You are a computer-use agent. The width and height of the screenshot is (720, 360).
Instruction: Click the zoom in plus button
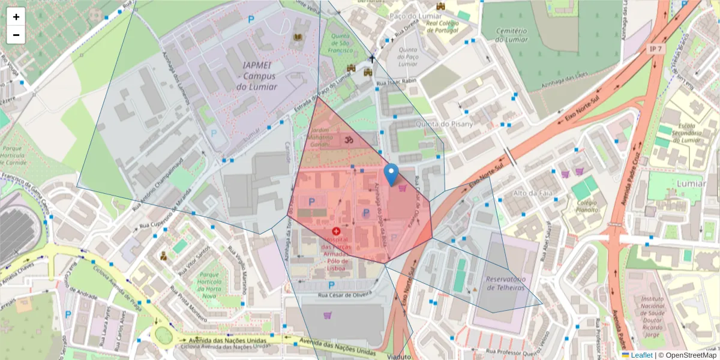(16, 17)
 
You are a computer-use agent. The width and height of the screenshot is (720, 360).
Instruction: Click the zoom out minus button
(16, 35)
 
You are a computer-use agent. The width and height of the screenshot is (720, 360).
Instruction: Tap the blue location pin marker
(391, 175)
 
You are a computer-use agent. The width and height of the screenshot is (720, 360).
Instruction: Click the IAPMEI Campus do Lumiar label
(259, 76)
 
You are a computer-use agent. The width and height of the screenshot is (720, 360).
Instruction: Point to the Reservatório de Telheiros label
(505, 284)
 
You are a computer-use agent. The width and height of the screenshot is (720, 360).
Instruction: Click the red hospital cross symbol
(336, 230)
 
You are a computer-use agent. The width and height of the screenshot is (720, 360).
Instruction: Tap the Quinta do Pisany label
(444, 124)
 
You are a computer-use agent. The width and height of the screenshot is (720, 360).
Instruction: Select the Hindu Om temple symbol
(347, 140)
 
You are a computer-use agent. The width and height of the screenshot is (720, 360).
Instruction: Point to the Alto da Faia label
(533, 193)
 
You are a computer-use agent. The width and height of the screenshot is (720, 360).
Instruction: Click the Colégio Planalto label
(584, 206)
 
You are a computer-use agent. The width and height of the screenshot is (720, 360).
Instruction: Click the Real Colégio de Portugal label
(442, 26)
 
